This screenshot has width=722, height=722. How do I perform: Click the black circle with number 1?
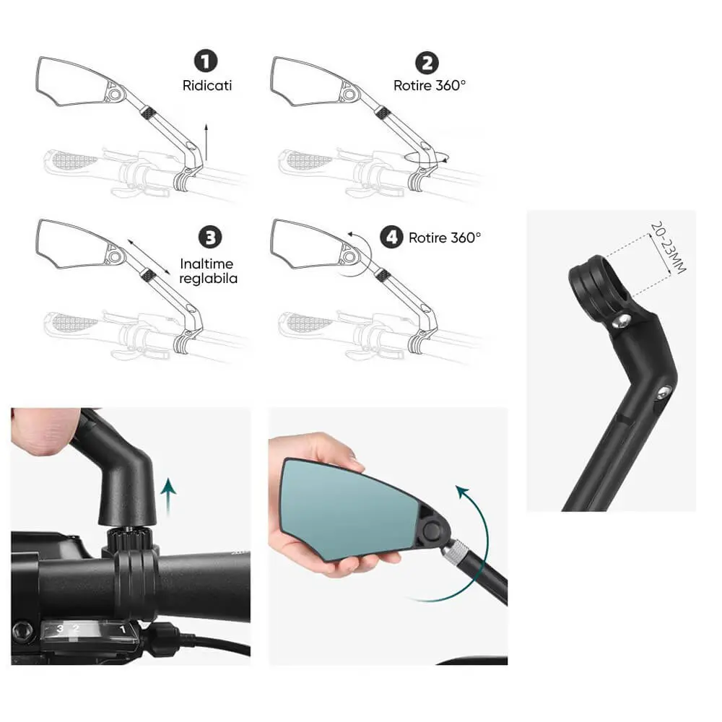tap(205, 61)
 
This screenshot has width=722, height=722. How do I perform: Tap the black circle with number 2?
tap(427, 63)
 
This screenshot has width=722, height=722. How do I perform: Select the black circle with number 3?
tap(210, 238)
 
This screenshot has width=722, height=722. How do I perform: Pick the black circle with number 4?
tap(391, 237)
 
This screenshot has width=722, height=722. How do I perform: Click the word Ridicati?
tap(207, 86)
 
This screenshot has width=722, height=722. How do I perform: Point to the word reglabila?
tap(208, 279)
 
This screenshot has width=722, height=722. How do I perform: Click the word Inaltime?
tap(206, 264)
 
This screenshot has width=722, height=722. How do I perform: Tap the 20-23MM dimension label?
tap(668, 248)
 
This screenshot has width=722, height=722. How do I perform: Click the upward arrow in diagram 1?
tap(206, 142)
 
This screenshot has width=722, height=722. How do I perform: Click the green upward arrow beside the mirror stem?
tap(169, 497)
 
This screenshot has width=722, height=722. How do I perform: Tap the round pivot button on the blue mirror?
tap(432, 531)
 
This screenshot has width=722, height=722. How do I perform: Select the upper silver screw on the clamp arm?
tap(621, 321)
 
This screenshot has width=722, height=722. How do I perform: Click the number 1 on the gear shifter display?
tap(123, 629)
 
